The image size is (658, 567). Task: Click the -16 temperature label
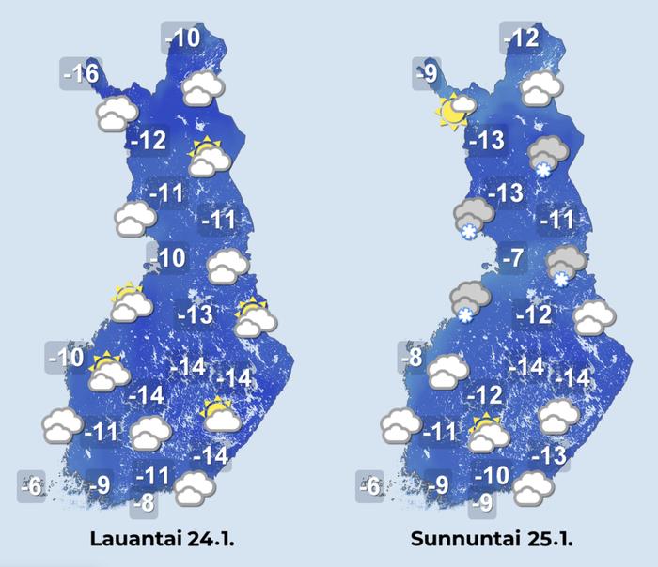(x=80, y=73)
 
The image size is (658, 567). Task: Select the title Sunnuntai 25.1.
(x=492, y=540)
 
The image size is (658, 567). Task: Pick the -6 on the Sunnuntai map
(x=371, y=486)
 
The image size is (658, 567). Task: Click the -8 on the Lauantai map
(x=143, y=503)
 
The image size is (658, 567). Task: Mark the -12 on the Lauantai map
(x=149, y=142)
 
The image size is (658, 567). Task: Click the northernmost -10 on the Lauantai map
(x=181, y=38)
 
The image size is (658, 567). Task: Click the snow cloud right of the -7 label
(x=566, y=266)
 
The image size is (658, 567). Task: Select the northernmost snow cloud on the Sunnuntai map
(x=546, y=154)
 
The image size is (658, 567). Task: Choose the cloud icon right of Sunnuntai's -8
(x=447, y=371)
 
